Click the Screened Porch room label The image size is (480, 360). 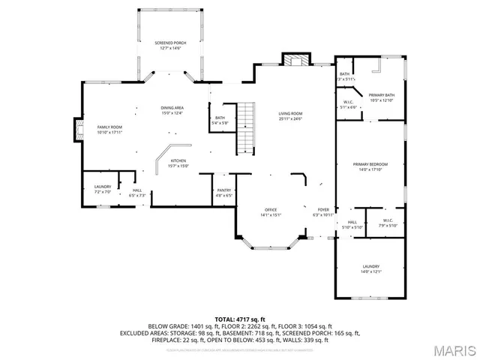[170, 46]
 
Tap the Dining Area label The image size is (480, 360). [172, 110]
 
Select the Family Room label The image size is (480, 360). [109, 130]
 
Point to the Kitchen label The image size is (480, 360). [178, 163]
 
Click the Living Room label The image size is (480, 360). [290, 115]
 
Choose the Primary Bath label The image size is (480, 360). [382, 97]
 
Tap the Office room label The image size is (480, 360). [270, 211]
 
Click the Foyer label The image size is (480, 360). [323, 212]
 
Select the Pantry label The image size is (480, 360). [224, 193]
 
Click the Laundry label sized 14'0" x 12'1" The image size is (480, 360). [370, 268]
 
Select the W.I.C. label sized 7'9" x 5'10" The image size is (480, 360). [386, 223]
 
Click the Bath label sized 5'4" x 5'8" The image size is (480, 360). [220, 120]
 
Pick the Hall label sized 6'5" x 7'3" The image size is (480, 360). [137, 193]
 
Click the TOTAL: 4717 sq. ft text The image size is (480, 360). [240, 319]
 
